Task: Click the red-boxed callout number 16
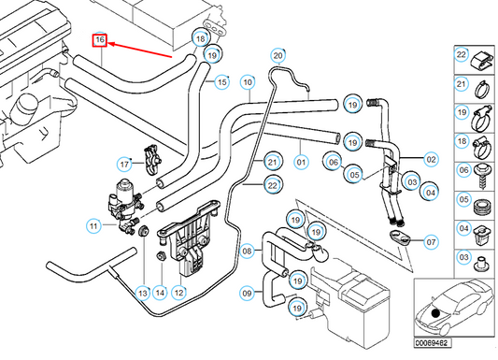(x=98, y=41)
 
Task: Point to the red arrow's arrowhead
(x=110, y=43)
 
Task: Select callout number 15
(x=221, y=83)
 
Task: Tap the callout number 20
(x=277, y=55)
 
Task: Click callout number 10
(x=247, y=82)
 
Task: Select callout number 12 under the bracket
(x=178, y=293)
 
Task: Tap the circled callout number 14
(x=160, y=293)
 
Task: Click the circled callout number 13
(x=141, y=293)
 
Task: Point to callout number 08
(x=248, y=251)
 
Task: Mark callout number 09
(x=248, y=293)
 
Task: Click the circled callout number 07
(x=430, y=242)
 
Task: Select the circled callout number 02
(x=431, y=159)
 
